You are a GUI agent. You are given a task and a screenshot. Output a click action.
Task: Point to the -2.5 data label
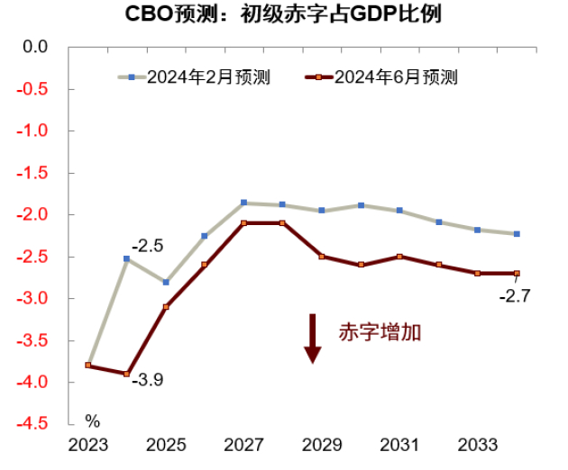click(147, 245)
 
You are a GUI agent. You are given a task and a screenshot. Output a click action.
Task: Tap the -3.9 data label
click(148, 381)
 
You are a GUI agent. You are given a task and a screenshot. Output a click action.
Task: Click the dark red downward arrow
click(312, 339)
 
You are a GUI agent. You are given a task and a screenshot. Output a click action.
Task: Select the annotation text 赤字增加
click(380, 331)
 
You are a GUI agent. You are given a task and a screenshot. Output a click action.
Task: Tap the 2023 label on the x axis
click(87, 446)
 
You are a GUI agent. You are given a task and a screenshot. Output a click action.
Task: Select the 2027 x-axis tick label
click(243, 446)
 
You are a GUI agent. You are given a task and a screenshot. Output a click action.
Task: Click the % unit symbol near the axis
click(92, 420)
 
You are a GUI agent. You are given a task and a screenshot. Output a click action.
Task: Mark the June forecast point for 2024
click(126, 374)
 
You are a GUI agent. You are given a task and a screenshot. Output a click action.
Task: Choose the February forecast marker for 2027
click(243, 203)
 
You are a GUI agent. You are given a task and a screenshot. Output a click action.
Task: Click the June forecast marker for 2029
click(322, 257)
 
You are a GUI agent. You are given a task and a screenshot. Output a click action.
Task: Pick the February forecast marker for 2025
click(165, 282)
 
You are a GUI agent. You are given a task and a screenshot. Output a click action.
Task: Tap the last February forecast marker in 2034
click(517, 234)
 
